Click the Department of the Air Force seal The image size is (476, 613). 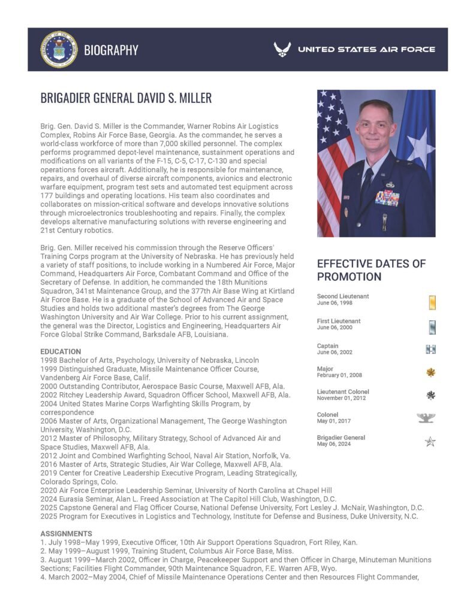pyautogui.click(x=59, y=49)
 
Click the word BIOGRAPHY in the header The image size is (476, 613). pyautogui.click(x=111, y=50)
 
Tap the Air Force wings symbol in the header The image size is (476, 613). pyautogui.click(x=282, y=49)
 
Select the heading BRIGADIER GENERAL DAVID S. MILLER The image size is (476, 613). pyautogui.click(x=126, y=98)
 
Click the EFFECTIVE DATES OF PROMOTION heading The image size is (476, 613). pyautogui.click(x=371, y=270)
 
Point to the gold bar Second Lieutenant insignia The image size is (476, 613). pyautogui.click(x=432, y=303)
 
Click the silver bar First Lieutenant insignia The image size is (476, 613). pyautogui.click(x=432, y=327)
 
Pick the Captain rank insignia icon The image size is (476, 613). pyautogui.click(x=430, y=350)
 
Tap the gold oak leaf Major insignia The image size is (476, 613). pyautogui.click(x=430, y=372)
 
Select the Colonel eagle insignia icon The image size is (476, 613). pyautogui.click(x=426, y=418)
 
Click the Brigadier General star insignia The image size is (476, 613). pyautogui.click(x=430, y=442)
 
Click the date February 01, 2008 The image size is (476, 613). pyautogui.click(x=339, y=375)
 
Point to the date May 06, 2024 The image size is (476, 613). pyautogui.click(x=335, y=444)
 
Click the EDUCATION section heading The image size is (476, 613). pyautogui.click(x=61, y=351)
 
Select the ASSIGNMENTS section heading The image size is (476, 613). pyautogui.click(x=66, y=533)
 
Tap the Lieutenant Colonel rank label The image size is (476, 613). pyautogui.click(x=343, y=392)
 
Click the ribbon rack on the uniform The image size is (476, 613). pyautogui.click(x=387, y=198)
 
